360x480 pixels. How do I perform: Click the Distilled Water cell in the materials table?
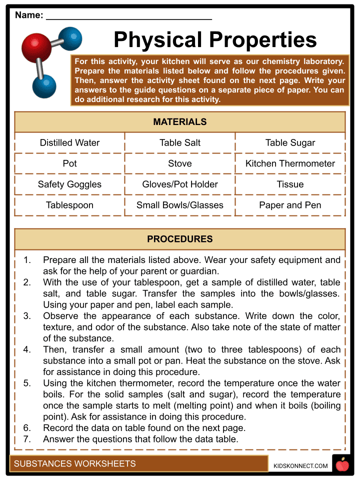tap(69, 142)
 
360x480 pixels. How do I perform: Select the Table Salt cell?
tap(180, 142)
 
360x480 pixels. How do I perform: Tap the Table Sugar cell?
tap(290, 142)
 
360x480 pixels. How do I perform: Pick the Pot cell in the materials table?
tap(69, 163)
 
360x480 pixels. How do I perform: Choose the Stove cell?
tap(180, 163)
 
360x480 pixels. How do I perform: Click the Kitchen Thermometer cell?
tap(290, 163)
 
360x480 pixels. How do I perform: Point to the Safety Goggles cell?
tap(69, 184)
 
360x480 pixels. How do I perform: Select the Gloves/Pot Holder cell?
tap(180, 184)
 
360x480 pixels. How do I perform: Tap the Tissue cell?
tap(290, 184)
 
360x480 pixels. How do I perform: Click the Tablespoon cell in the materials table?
tap(69, 205)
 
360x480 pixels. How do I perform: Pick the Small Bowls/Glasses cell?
tap(180, 205)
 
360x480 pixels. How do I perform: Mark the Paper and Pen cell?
tap(290, 205)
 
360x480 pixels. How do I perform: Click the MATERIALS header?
tap(180, 122)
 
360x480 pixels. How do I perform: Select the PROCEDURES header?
tap(180, 239)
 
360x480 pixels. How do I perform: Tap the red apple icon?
tap(342, 464)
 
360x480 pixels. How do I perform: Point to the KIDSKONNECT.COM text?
tap(300, 466)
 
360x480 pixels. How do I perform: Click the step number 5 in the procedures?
tap(27, 383)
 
